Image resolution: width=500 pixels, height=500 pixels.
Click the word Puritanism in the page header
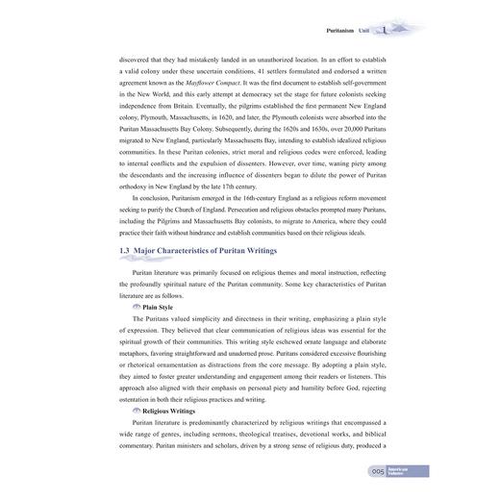click(x=330, y=31)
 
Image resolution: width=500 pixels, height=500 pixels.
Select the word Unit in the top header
click(x=362, y=31)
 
